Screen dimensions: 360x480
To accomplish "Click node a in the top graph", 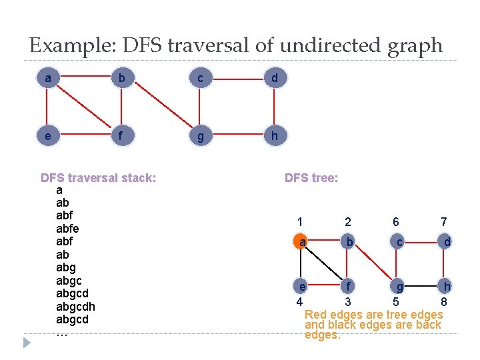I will pyautogui.click(x=47, y=79).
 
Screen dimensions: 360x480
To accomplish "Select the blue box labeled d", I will pyautogui.click(x=275, y=79).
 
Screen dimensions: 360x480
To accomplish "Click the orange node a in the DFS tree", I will pyautogui.click(x=302, y=242).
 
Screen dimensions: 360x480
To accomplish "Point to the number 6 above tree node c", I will pyautogui.click(x=397, y=222).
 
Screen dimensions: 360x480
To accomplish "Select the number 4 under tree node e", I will pyautogui.click(x=299, y=302).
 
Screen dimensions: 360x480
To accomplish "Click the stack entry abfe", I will pyautogui.click(x=67, y=229).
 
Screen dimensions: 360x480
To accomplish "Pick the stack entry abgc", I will pyautogui.click(x=70, y=281).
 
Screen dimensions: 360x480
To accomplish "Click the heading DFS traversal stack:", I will pyautogui.click(x=99, y=178).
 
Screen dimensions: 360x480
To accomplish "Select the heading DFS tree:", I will pyautogui.click(x=311, y=178).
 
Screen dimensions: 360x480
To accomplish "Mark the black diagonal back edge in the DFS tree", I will pyautogui.click(x=324, y=264).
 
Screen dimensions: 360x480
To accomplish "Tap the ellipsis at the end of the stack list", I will pyautogui.click(x=62, y=332).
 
